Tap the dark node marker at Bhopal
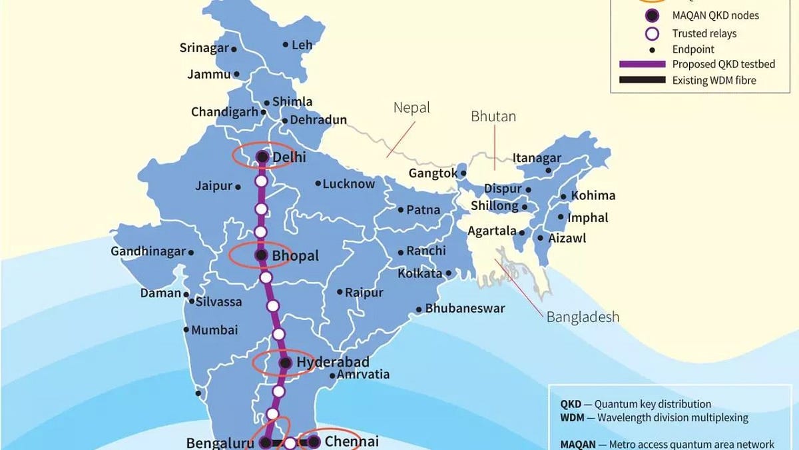coord(261,255)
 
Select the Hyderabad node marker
coord(285,363)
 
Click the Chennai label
coord(352,441)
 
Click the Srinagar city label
coord(204,48)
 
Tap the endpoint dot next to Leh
coord(286,45)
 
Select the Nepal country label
coord(411,107)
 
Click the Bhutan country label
coord(493,116)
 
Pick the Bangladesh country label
coord(583,317)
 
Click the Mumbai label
coord(214,330)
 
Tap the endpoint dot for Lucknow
coord(318,183)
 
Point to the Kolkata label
coord(420,273)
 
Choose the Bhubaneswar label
coord(465,309)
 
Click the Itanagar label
coord(537,158)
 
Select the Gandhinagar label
coord(148,252)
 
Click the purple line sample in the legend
coord(642,64)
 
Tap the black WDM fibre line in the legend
coord(642,80)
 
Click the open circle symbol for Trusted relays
coord(653,33)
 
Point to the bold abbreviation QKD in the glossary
coord(571,404)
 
